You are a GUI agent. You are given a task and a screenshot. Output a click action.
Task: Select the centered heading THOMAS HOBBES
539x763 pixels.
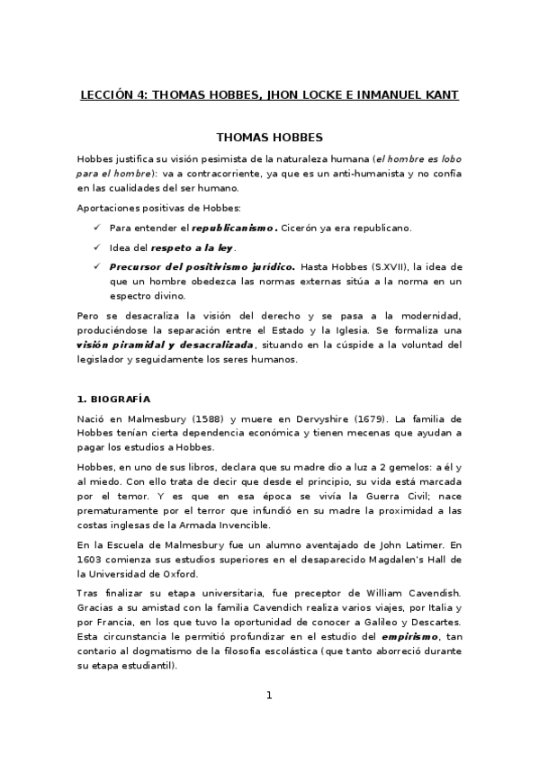point(269,139)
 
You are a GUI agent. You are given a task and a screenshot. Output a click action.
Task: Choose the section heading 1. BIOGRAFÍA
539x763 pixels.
point(113,398)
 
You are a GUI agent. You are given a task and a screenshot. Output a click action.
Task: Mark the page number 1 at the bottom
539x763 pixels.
point(268,696)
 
